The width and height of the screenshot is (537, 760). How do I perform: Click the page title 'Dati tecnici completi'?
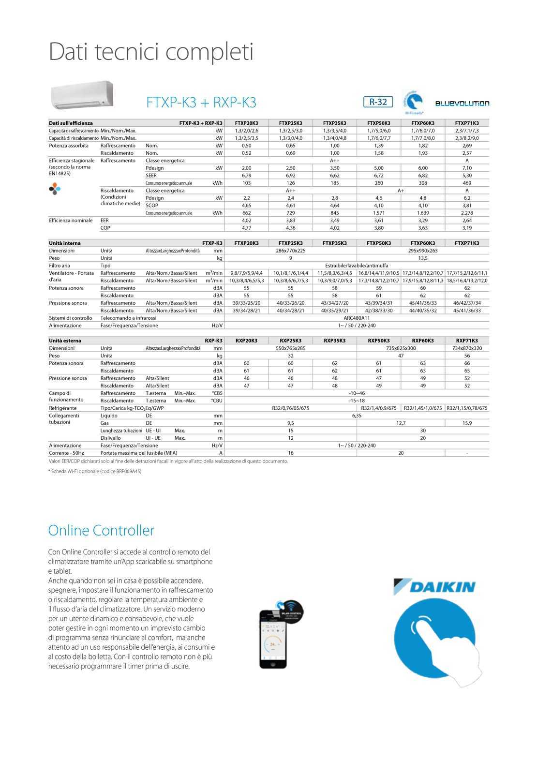tap(151, 52)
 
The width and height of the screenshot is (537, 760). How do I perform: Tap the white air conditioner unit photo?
tap(82, 94)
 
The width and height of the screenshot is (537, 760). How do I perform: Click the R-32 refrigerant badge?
tap(378, 102)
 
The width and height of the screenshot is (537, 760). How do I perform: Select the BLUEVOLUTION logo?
tap(462, 103)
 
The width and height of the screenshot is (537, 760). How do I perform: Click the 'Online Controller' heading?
tap(101, 530)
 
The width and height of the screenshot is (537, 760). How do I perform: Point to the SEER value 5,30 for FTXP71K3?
tap(467, 176)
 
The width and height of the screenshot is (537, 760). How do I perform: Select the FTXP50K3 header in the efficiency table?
tap(379, 123)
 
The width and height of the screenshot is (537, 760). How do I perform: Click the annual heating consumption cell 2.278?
tap(467, 213)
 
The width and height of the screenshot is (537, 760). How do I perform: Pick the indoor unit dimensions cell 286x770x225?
tap(291, 251)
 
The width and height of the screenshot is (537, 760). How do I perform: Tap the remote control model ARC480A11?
tap(357, 318)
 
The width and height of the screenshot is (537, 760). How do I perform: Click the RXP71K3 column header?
tap(467, 341)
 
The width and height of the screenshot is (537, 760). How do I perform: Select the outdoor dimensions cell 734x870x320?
tap(467, 348)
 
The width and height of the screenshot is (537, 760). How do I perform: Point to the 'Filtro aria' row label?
tap(60, 266)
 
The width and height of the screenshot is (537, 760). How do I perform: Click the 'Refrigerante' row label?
tap(63, 408)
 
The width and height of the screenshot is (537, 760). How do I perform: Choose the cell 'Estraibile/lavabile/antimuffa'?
tap(357, 266)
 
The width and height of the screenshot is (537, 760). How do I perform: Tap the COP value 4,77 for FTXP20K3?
tap(247, 228)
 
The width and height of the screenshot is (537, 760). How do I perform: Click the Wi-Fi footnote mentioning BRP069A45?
tap(95, 471)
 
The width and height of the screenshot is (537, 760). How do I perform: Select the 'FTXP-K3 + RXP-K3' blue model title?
tap(201, 103)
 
